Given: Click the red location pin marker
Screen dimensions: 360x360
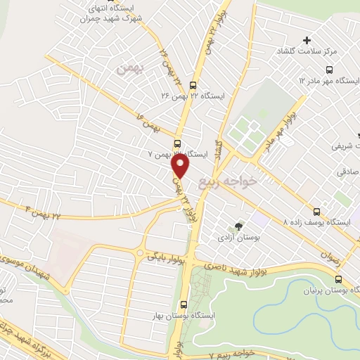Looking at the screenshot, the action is click(181, 166).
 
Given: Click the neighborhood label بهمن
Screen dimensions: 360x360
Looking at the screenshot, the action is click(131, 69).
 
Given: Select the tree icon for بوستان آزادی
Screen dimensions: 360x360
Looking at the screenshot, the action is click(238, 226).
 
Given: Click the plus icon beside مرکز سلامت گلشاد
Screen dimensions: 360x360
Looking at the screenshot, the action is click(307, 39).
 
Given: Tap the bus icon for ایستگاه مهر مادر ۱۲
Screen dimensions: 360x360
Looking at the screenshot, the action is click(329, 70).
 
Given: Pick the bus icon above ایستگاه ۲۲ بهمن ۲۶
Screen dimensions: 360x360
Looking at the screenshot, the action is click(193, 81).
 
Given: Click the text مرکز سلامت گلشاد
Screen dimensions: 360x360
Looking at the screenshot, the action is click(333, 52).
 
